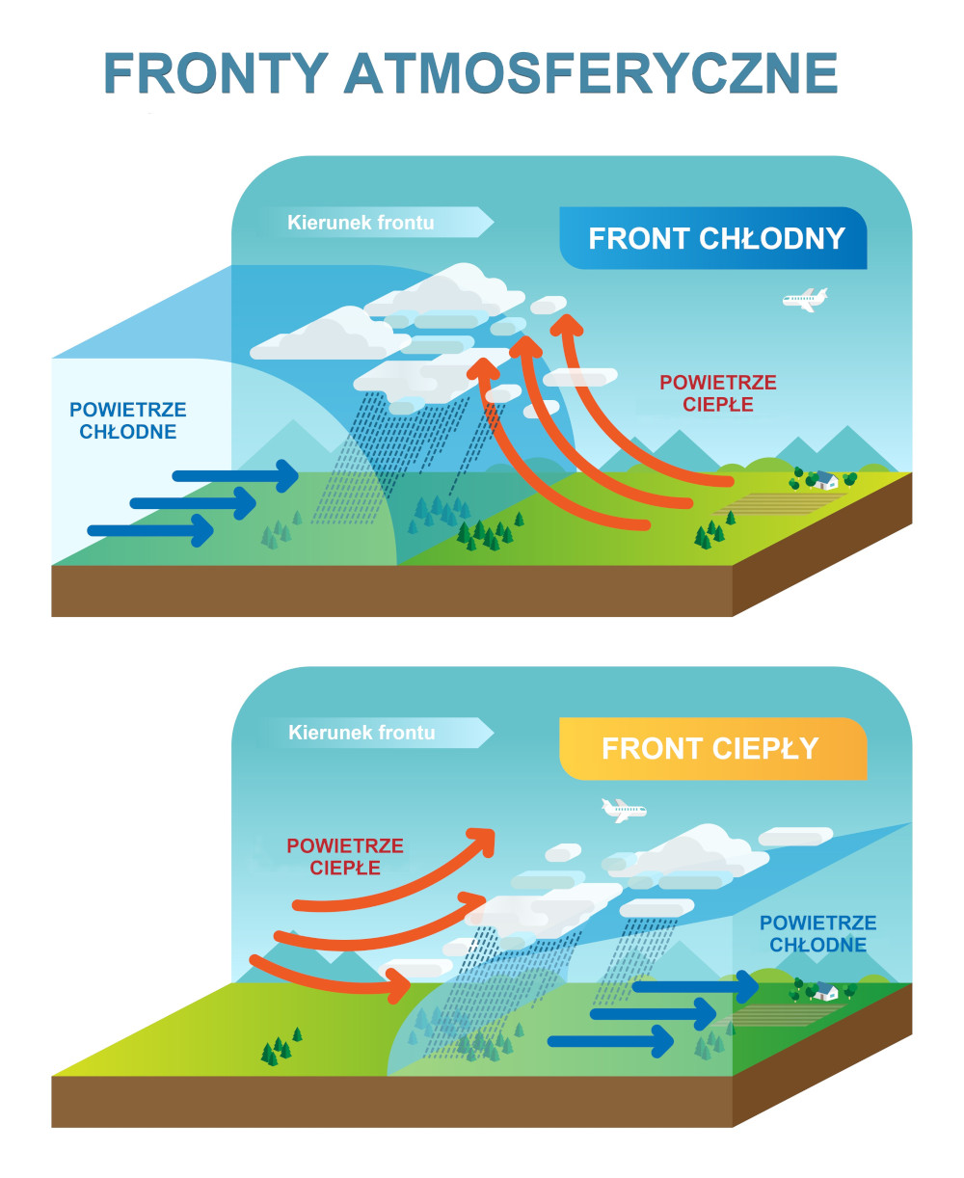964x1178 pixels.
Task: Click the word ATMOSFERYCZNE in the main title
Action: [591, 72]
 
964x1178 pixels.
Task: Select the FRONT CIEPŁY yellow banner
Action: [711, 749]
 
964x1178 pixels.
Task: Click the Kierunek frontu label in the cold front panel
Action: [361, 223]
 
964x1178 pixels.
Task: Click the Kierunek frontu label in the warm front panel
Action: [361, 733]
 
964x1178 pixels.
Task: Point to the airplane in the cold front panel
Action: [805, 300]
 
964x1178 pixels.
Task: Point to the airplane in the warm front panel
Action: [623, 810]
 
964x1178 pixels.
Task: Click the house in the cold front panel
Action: [825, 479]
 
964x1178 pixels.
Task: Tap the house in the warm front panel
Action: [825, 991]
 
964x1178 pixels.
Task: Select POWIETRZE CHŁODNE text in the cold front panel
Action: [128, 421]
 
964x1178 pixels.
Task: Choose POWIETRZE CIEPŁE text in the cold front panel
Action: [717, 393]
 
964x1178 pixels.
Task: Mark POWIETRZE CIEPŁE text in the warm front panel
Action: [345, 857]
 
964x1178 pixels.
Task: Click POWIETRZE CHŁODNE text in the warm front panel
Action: [817, 934]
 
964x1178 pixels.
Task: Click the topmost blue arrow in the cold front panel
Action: [237, 474]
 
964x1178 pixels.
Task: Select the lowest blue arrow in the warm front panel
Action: [611, 1041]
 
